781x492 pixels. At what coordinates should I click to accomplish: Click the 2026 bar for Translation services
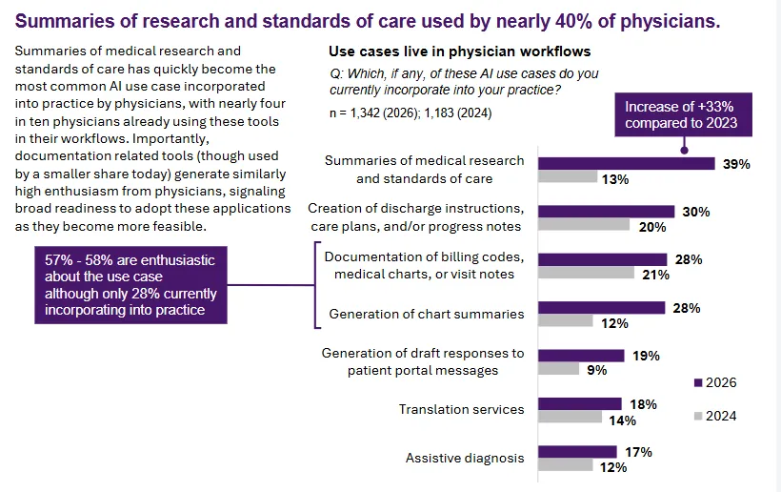click(579, 404)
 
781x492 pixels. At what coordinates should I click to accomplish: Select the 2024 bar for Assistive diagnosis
click(566, 466)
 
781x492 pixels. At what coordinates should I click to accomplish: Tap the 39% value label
click(736, 164)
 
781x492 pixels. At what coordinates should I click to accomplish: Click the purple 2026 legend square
click(698, 383)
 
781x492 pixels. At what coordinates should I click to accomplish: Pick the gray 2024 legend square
click(698, 416)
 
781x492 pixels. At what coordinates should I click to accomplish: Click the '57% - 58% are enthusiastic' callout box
click(130, 285)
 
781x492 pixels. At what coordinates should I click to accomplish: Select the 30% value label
click(696, 212)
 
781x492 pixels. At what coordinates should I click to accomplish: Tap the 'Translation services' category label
click(461, 409)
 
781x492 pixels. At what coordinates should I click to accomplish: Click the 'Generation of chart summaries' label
click(426, 314)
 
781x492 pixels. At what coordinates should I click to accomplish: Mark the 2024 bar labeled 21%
click(586, 274)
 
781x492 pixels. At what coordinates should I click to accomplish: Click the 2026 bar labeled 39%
click(627, 163)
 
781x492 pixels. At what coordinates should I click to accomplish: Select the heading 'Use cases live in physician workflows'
click(460, 51)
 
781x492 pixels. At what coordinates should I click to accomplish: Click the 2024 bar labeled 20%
click(584, 225)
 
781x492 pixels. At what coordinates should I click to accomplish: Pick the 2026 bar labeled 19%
click(581, 356)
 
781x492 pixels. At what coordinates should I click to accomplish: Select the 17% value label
click(638, 452)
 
